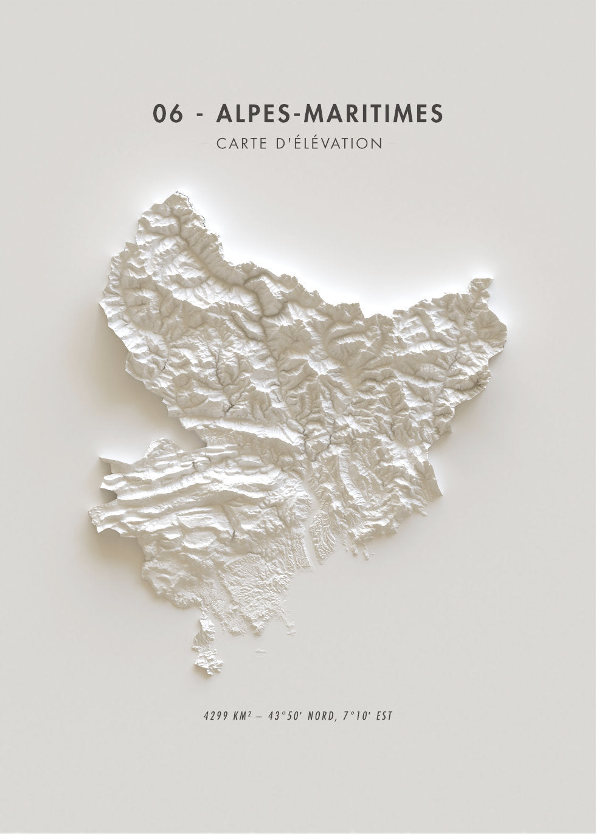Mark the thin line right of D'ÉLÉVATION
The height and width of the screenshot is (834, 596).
tap(390, 145)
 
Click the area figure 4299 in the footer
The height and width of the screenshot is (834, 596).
tap(215, 715)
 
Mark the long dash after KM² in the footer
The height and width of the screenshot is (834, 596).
tap(261, 716)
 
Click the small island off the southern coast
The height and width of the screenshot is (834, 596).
tap(261, 651)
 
